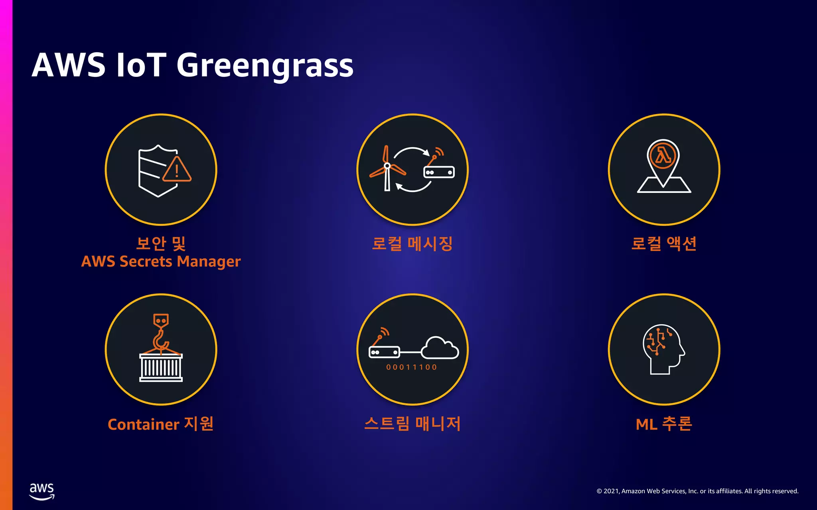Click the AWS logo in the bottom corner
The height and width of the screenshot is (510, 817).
[42, 491]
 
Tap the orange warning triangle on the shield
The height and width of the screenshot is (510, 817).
[177, 170]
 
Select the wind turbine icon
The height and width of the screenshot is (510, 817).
[387, 169]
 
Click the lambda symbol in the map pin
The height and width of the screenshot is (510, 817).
[663, 155]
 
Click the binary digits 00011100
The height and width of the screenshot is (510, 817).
[411, 367]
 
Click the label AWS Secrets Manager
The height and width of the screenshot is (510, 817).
[161, 262]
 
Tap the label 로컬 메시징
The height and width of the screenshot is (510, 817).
[412, 243]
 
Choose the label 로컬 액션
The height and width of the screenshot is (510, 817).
[664, 243]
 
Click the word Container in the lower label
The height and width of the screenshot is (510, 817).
[143, 425]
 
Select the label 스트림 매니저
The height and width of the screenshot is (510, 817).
[412, 424]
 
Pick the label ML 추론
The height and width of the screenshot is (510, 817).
[664, 424]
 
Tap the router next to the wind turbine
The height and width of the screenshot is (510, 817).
[439, 172]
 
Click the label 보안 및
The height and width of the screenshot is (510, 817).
[161, 243]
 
